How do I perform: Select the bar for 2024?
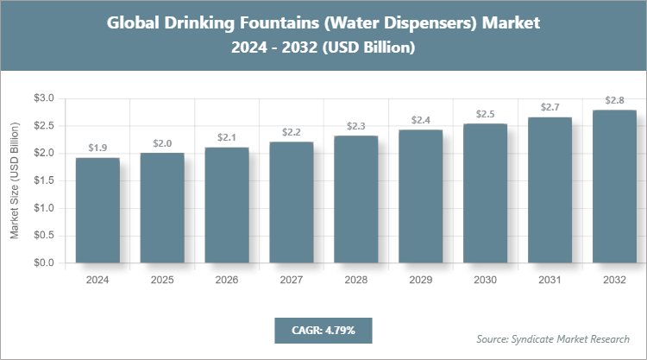tap(97, 211)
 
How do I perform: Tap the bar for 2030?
tap(486, 193)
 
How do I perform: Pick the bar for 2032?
tap(615, 186)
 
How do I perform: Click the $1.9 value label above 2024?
tap(97, 148)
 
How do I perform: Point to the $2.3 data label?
tap(356, 126)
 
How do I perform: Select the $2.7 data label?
tap(550, 107)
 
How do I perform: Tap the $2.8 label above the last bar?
tap(615, 101)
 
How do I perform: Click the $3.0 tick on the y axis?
tap(42, 98)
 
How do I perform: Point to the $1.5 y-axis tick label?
tap(42, 180)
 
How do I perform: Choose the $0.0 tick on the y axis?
tap(42, 262)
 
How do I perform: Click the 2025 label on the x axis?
tap(162, 280)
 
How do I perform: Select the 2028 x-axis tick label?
tap(356, 280)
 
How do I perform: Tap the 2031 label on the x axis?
tap(550, 280)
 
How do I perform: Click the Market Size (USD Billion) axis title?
tap(15, 181)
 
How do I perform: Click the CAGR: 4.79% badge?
tap(323, 330)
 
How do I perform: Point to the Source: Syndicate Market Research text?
tap(553, 338)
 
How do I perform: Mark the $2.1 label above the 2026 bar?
tap(227, 137)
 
